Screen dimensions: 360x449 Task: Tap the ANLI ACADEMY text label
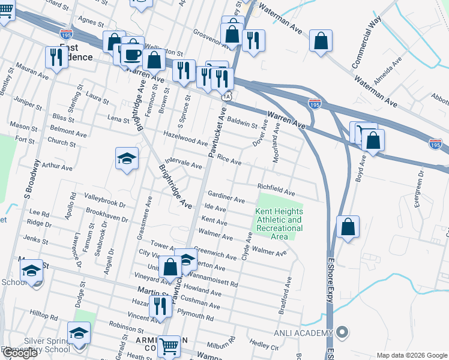304,334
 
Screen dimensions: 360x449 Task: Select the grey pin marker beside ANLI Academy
342,332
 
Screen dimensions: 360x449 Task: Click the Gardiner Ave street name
226,197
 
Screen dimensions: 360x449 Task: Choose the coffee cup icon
133,55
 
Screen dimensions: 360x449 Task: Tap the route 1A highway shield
226,96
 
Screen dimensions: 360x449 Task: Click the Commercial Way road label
367,43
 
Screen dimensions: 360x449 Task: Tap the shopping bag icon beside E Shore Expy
348,227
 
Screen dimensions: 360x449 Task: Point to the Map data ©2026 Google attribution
412,355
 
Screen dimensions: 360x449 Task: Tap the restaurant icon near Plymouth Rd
159,306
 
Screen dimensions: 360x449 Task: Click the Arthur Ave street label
57,165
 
